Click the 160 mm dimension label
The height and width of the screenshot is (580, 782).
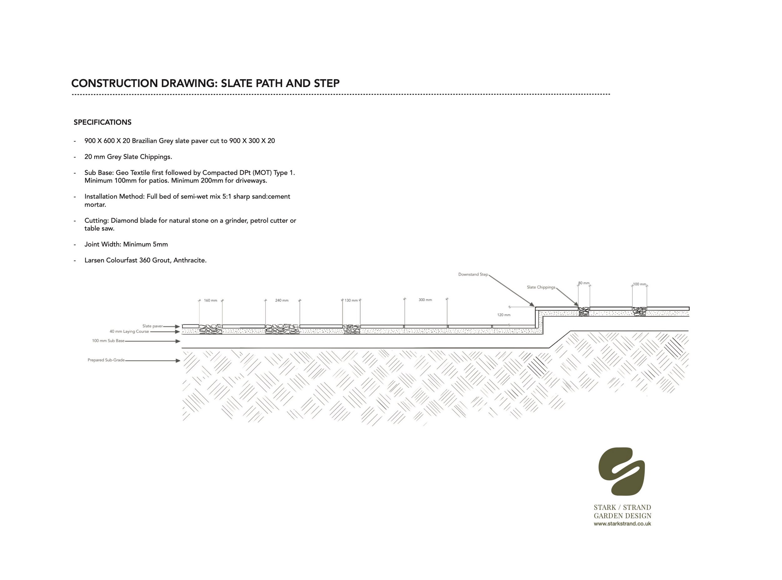pos(211,301)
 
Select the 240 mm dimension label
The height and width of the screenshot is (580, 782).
pos(282,301)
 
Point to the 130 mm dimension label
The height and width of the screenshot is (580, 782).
pos(351,301)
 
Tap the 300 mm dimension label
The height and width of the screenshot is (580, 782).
pos(425,300)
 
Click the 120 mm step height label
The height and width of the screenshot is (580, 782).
pos(504,315)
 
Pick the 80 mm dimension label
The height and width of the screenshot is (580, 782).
pos(583,283)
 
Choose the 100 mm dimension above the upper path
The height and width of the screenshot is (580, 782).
pos(639,284)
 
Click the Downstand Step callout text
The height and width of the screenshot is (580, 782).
pos(473,274)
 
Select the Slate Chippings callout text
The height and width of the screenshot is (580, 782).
pos(541,287)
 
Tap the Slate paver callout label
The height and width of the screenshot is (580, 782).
pos(153,326)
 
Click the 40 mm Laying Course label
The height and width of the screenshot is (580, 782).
pos(129,331)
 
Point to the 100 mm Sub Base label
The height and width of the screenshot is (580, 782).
pos(108,340)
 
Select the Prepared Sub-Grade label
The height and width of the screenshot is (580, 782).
pos(106,360)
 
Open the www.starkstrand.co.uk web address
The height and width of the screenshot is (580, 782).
pos(622,524)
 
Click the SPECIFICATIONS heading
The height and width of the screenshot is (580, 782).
pos(102,122)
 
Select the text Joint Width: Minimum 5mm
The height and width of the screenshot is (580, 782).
pos(126,244)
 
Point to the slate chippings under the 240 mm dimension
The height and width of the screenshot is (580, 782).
pos(282,329)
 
